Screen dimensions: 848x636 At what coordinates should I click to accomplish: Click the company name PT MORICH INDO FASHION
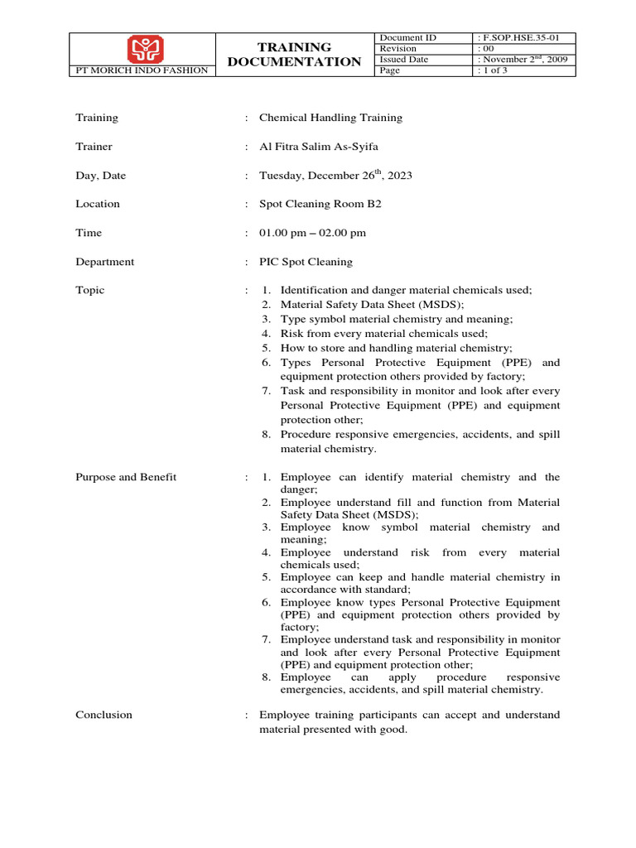point(142,71)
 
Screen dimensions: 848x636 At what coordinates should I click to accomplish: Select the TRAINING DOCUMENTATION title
point(294,55)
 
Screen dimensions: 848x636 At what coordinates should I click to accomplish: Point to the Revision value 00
point(488,49)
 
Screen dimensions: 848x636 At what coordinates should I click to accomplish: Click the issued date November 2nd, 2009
point(525,60)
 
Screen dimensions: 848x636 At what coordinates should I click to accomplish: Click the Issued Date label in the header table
point(404,60)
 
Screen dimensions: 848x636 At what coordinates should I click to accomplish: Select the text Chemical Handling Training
point(330,118)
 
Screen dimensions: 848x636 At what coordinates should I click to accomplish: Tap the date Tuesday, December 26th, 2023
point(335,176)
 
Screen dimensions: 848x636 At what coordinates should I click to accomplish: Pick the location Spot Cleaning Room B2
point(320,204)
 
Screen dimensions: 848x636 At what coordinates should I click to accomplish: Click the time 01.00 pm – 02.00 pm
point(312,233)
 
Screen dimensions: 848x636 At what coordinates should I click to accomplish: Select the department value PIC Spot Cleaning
point(306,262)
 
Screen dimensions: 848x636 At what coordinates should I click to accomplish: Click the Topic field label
point(90,290)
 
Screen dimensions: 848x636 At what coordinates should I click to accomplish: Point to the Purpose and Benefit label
point(126,477)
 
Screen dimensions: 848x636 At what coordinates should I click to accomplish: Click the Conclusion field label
point(104,715)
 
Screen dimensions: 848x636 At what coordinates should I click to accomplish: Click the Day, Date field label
point(101,176)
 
